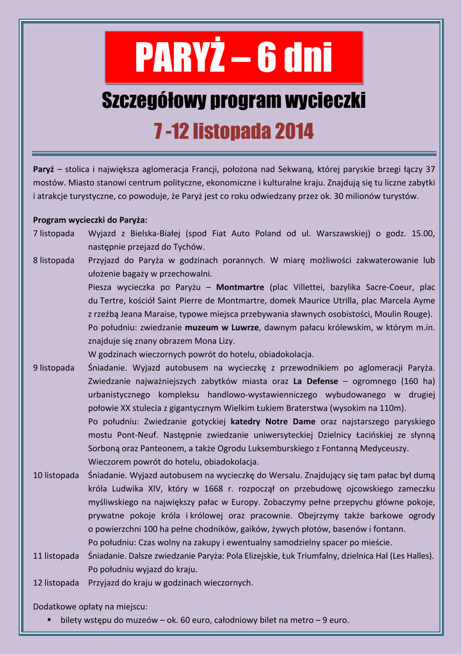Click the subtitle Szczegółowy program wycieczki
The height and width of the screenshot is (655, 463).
coord(234,100)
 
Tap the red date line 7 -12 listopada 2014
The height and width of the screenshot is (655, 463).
coord(234,131)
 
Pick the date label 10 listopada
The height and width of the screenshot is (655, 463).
coord(56,475)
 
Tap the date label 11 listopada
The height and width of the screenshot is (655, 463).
coord(56,556)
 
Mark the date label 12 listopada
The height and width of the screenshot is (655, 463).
coord(56,583)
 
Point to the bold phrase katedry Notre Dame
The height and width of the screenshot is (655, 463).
coord(272,422)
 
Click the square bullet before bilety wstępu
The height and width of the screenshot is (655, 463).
coord(49,620)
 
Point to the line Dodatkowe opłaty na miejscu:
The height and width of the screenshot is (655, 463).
coord(90,605)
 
